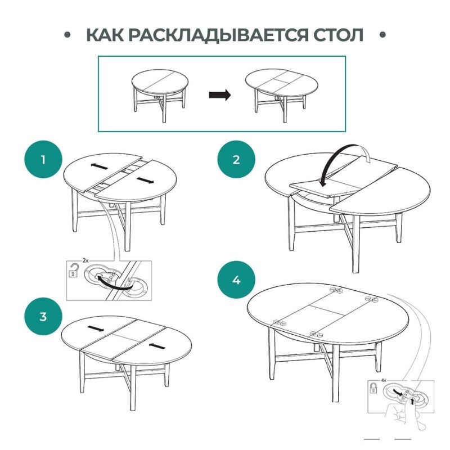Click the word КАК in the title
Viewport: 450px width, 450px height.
tap(105, 35)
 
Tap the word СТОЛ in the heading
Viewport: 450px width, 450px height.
tap(338, 35)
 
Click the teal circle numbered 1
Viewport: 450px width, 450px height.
tap(43, 159)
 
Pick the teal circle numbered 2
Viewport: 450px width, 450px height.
tap(236, 159)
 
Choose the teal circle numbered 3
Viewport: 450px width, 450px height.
tap(43, 316)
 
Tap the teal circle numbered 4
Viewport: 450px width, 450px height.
tap(236, 280)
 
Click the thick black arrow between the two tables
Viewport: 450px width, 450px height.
tap(219, 94)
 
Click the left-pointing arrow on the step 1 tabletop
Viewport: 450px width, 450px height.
tap(100, 166)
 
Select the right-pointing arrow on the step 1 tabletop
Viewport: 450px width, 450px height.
tap(145, 180)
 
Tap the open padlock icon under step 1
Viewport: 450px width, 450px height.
tap(74, 270)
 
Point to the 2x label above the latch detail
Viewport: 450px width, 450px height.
tap(85, 260)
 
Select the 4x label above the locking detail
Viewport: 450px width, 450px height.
tap(384, 380)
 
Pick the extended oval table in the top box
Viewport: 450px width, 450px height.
tap(282, 93)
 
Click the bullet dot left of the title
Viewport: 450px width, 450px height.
tap(67, 35)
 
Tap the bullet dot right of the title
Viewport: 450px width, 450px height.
tap(382, 35)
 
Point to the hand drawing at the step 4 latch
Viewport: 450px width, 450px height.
tap(404, 413)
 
